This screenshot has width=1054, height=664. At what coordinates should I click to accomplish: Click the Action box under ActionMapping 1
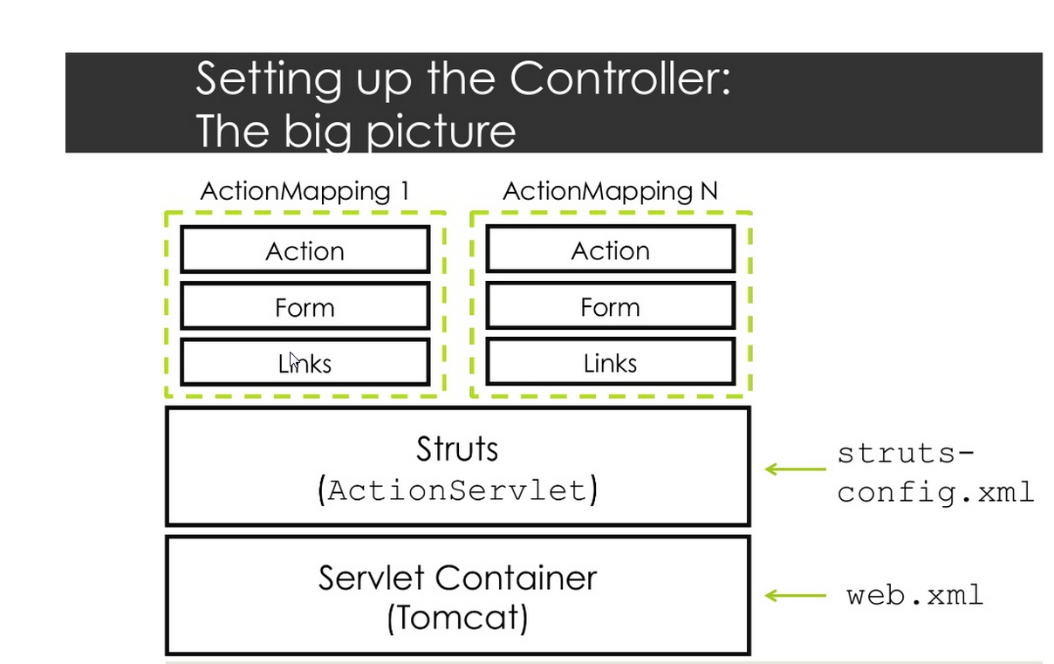tap(305, 250)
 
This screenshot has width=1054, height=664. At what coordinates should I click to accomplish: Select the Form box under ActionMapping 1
tap(305, 307)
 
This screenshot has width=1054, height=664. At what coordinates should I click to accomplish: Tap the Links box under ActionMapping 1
tap(305, 363)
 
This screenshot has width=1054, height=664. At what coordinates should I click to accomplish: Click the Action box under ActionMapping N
tap(610, 250)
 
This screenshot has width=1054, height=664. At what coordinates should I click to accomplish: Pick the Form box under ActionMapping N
tap(610, 307)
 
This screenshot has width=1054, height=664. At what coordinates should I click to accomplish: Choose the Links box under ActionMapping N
tap(610, 363)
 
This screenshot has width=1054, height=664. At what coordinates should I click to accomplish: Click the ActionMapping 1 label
tap(305, 191)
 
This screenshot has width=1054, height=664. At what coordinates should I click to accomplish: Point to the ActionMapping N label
tap(610, 191)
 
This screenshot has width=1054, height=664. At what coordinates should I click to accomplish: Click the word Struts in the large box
tap(457, 449)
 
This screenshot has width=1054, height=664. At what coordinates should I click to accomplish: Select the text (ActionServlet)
tap(457, 490)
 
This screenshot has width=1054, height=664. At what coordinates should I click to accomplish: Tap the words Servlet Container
tap(457, 578)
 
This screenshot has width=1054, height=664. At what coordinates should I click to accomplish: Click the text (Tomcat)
tap(457, 619)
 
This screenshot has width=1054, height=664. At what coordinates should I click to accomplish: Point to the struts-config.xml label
tap(934, 472)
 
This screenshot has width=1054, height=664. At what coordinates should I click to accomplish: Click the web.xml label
tap(914, 596)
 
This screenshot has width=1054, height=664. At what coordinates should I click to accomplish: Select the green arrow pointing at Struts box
tap(795, 469)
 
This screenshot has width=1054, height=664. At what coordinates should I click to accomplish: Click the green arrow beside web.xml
tap(795, 596)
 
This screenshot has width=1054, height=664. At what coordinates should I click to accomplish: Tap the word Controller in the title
tap(619, 79)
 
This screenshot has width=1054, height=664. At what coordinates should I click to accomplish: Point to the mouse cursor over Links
tap(295, 360)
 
